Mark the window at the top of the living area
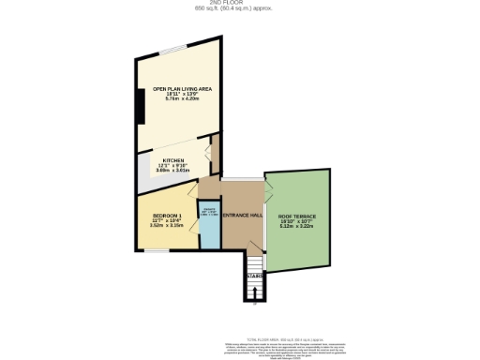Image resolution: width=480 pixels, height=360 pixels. pos(173,49)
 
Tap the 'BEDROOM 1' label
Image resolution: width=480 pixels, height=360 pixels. pos(168,216)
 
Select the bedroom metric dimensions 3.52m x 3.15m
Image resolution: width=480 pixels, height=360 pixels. pos(168,226)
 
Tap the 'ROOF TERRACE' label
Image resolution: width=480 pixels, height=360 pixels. pos(298,217)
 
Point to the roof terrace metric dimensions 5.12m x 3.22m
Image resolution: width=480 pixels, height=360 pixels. pos(298,226)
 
